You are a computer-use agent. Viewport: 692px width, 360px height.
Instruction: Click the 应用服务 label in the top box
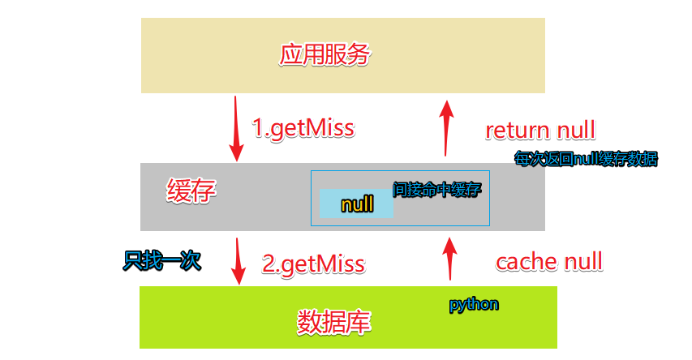(x=325, y=55)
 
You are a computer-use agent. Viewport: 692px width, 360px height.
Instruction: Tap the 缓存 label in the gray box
(x=191, y=192)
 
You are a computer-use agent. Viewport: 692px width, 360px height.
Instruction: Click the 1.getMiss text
(x=303, y=128)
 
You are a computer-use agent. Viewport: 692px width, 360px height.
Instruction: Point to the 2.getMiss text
(x=313, y=264)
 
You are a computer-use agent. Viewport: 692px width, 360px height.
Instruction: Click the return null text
(x=540, y=130)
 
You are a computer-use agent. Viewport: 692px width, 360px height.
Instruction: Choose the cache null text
(x=548, y=261)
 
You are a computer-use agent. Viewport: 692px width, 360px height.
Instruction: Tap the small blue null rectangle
(x=357, y=204)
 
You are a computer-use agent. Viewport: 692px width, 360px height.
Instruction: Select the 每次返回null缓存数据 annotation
(x=586, y=159)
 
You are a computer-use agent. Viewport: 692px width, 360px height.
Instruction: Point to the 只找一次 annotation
(x=161, y=261)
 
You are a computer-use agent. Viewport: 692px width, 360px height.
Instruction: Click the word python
(x=474, y=305)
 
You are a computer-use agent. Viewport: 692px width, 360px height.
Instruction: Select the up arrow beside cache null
(x=449, y=258)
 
